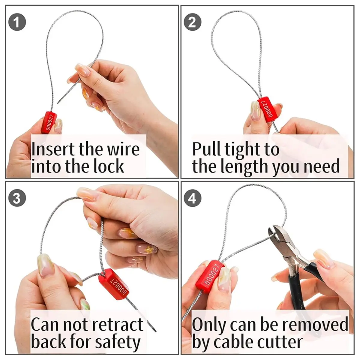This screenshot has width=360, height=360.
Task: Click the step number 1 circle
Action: pyautogui.click(x=17, y=22)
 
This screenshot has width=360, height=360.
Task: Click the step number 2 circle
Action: pyautogui.click(x=192, y=22)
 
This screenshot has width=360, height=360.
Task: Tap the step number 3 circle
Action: pyautogui.click(x=17, y=198)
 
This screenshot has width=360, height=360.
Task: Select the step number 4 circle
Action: pyautogui.click(x=192, y=198)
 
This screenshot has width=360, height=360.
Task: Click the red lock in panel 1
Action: pyautogui.click(x=49, y=122)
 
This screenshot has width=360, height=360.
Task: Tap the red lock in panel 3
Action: pyautogui.click(x=113, y=284)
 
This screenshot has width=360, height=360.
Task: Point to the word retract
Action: pyautogui.click(x=118, y=325)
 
